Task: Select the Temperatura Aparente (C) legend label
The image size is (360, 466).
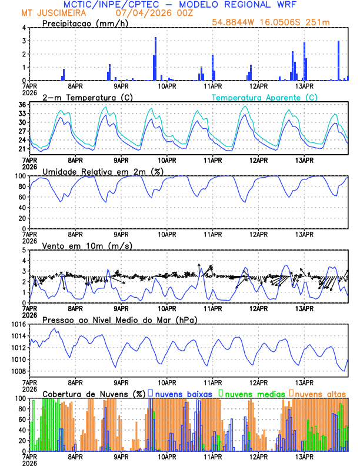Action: click(265, 97)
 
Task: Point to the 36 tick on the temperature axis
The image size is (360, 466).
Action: click(22, 105)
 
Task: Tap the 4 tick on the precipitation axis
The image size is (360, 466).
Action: click(24, 28)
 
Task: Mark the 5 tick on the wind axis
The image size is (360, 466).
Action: click(24, 250)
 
